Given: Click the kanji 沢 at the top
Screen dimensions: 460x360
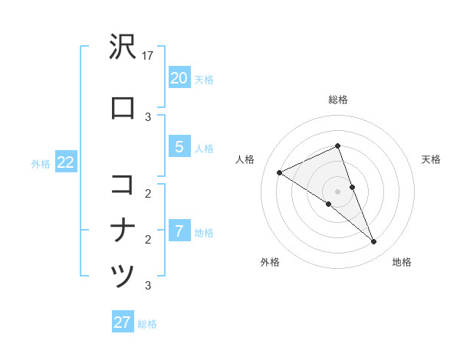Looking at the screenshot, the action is (x=123, y=47).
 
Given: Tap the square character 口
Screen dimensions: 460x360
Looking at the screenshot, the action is (x=123, y=109).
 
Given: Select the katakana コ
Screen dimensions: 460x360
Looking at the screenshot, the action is (x=123, y=184).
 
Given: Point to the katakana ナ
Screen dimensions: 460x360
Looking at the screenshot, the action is (x=123, y=230).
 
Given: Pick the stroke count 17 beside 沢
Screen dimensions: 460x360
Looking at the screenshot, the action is (x=149, y=56).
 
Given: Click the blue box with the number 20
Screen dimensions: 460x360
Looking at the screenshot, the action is (x=179, y=78).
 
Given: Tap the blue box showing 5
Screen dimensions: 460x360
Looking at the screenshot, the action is (x=179, y=148).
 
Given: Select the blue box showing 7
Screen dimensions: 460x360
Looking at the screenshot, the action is (x=179, y=231).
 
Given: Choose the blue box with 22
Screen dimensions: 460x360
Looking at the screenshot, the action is (x=65, y=163).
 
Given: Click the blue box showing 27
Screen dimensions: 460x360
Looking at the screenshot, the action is (x=123, y=322).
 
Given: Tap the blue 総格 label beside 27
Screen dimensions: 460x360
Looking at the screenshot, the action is (x=147, y=324).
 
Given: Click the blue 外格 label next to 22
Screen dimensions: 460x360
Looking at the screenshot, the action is (x=41, y=164).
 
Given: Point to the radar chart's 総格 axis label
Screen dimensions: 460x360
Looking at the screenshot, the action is (x=338, y=100).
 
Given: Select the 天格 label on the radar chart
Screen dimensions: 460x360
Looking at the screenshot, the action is (x=431, y=159).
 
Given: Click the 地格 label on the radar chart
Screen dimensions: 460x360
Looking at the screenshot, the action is (x=402, y=262).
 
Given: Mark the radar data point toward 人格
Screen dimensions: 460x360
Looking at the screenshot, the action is (x=280, y=172).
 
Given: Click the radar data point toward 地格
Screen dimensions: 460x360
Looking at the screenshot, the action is (x=374, y=242).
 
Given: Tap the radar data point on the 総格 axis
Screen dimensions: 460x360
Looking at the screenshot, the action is (x=338, y=146).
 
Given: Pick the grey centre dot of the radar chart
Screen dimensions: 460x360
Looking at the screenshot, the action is (x=338, y=191).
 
